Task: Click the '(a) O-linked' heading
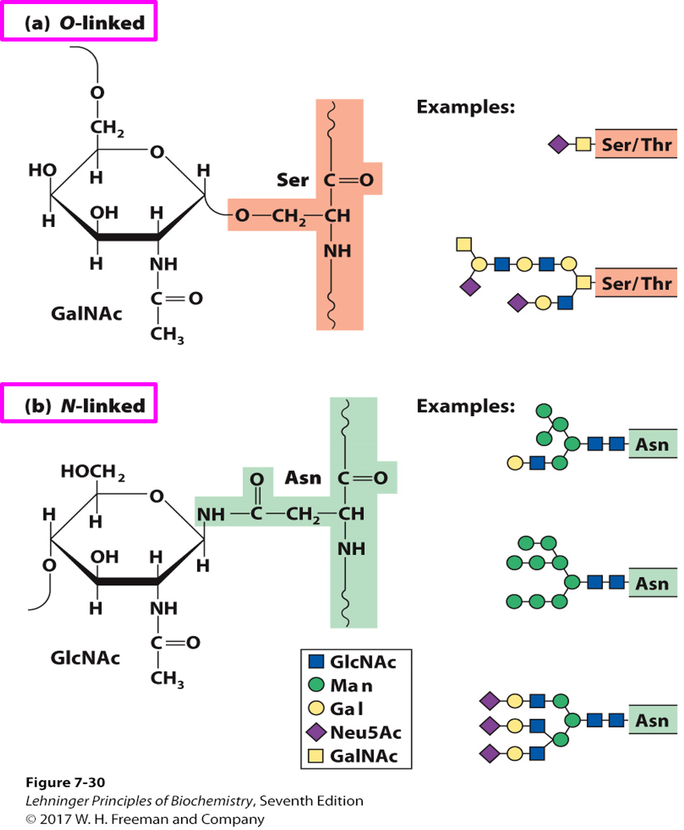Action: (x=84, y=23)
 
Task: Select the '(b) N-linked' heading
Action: (x=84, y=406)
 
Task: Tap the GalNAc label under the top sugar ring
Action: (x=86, y=314)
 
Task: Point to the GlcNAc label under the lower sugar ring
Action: (x=85, y=658)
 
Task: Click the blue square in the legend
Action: (x=316, y=661)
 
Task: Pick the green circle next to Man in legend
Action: (x=316, y=685)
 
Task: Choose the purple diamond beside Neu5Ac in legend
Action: (x=316, y=732)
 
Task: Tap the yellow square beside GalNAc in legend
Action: (x=316, y=756)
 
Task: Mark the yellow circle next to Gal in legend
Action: (x=316, y=708)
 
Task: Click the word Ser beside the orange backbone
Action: (x=293, y=180)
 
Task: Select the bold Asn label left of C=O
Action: (x=303, y=478)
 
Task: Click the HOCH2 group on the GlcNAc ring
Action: (x=92, y=472)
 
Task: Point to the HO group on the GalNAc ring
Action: (x=42, y=170)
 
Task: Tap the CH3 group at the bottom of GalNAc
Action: (x=167, y=335)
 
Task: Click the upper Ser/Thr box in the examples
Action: (x=636, y=145)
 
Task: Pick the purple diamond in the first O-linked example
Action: (x=558, y=144)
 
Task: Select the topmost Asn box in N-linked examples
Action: (x=652, y=444)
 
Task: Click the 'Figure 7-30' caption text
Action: (x=65, y=782)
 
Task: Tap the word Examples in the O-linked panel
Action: (x=466, y=107)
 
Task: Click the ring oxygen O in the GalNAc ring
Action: (x=157, y=152)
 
